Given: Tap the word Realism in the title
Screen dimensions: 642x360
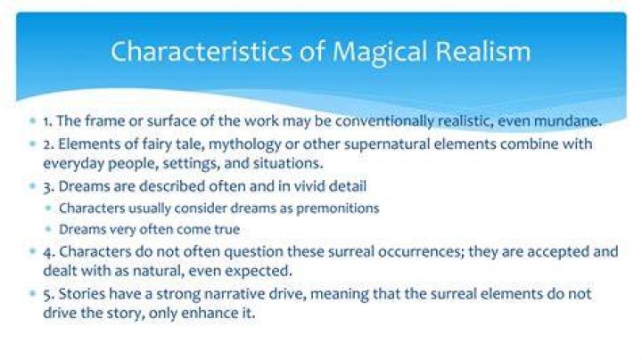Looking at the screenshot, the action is pyautogui.click(x=483, y=51).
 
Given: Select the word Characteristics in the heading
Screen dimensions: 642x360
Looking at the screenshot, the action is pyautogui.click(x=202, y=51).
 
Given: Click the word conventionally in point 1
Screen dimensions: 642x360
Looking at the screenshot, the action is pyautogui.click(x=384, y=121).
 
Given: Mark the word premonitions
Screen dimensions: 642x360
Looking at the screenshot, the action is pyautogui.click(x=337, y=209).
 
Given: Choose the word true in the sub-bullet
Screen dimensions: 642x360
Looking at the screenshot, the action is pyautogui.click(x=226, y=229).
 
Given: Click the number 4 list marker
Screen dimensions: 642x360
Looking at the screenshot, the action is pyautogui.click(x=48, y=252).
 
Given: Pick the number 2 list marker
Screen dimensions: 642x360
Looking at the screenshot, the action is pyautogui.click(x=49, y=145).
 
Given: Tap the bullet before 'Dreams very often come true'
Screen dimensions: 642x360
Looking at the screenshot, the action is pyautogui.click(x=49, y=229).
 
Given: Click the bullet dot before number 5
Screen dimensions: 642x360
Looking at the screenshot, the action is pyautogui.click(x=33, y=294).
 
